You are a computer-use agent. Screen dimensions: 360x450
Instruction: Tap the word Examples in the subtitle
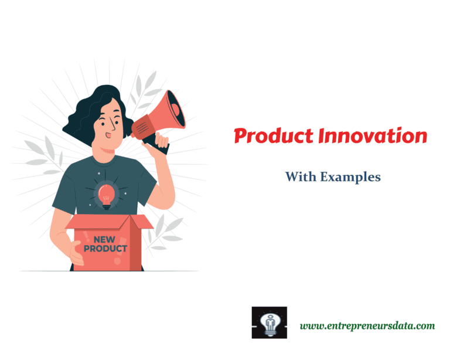349,176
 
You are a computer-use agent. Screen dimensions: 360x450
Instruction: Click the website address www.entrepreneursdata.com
367,325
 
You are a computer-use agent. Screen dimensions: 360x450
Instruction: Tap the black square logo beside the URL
270,322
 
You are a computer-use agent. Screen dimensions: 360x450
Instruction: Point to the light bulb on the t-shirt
106,194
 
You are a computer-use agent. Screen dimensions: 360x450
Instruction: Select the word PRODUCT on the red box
105,249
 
